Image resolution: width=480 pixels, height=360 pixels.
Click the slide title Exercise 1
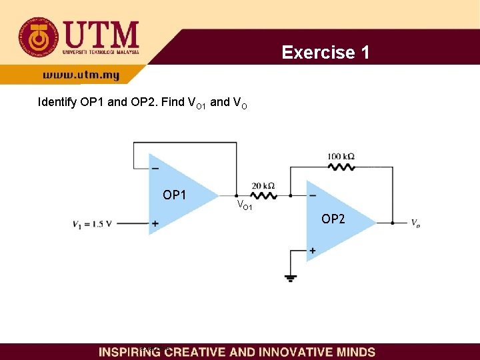325,52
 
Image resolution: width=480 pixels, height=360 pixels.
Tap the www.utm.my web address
81,75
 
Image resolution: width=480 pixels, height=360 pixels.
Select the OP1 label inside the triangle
175,195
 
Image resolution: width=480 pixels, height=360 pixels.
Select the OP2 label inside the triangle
333,219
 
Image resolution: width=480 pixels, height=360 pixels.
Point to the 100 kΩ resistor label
341,157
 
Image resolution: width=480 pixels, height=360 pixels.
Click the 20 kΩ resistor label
263,185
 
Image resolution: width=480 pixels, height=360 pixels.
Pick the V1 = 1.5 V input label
93,224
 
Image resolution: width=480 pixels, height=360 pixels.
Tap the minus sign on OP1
155,168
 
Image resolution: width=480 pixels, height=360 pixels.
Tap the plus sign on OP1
155,225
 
